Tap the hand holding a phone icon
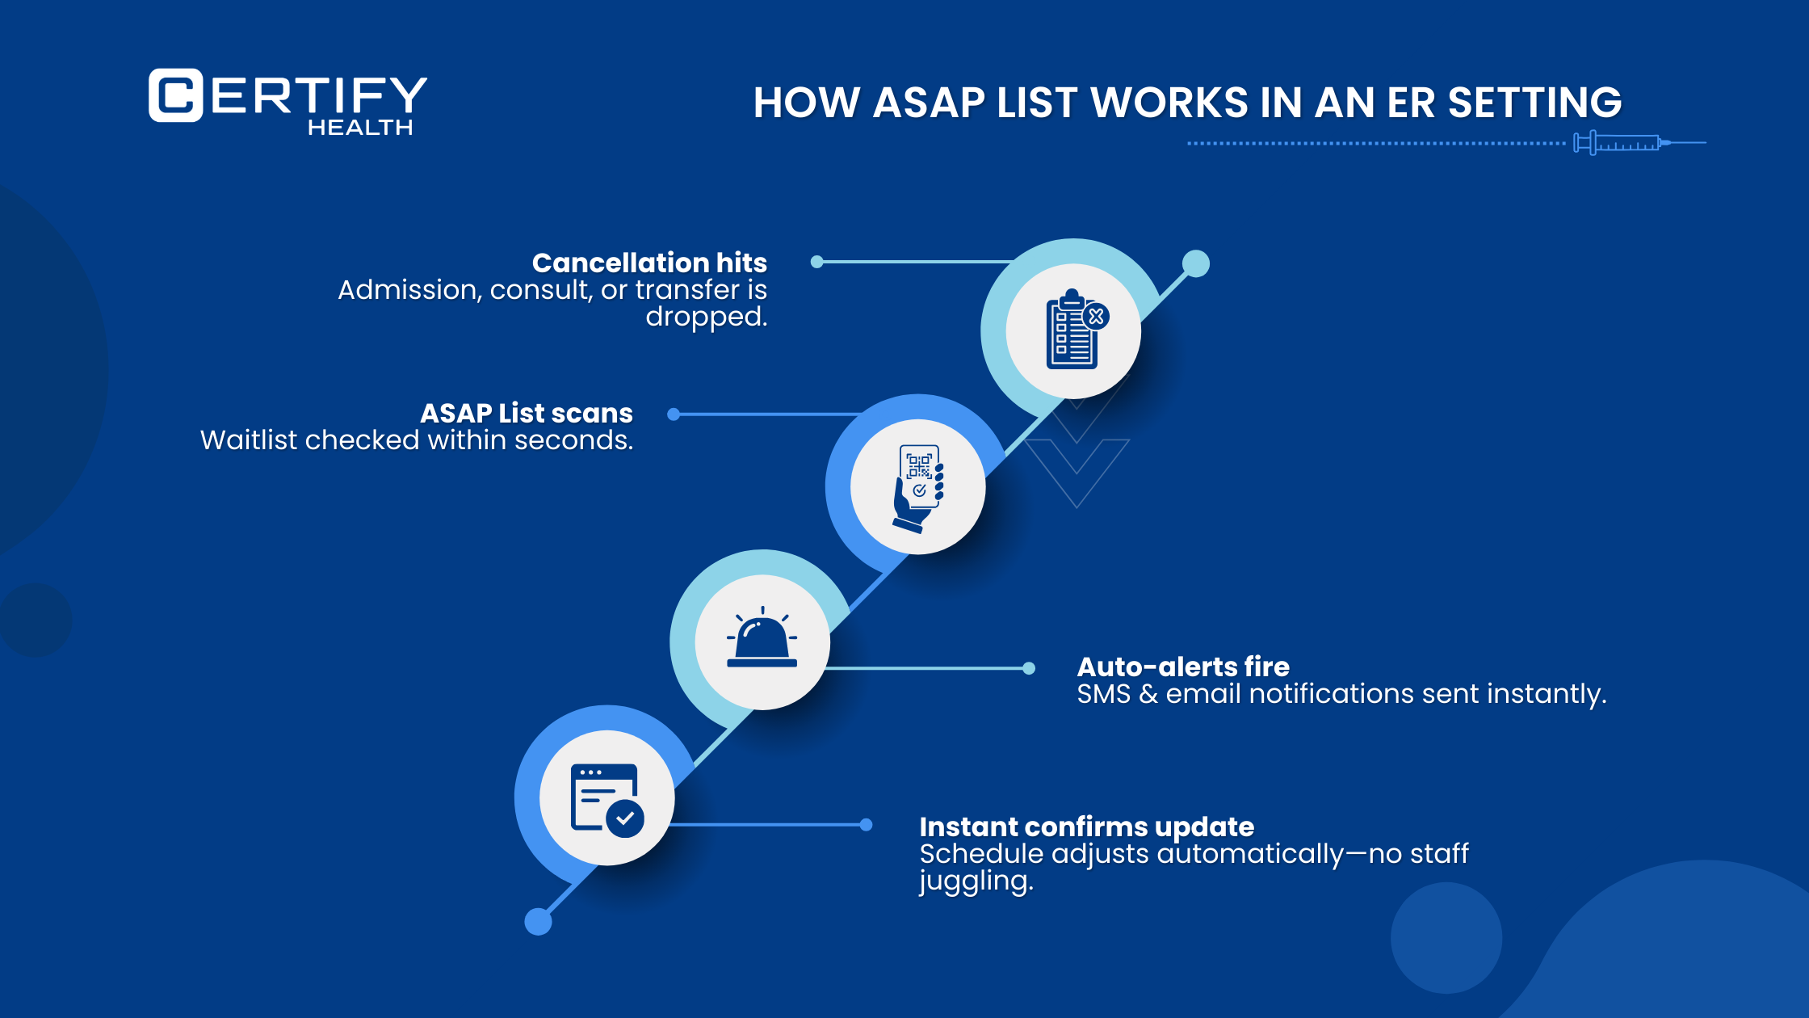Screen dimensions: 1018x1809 point(918,487)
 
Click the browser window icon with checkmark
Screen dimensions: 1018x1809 point(606,798)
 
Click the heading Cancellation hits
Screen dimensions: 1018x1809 point(649,263)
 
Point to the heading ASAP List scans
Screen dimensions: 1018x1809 point(527,413)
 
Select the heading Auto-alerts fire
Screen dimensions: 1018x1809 point(1183,667)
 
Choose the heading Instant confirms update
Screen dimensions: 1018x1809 point(1086,827)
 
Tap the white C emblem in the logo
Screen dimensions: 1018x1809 point(175,95)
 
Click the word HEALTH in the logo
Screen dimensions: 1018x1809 point(360,128)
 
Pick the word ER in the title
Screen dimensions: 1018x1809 point(1411,103)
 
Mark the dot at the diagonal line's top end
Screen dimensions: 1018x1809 point(1196,263)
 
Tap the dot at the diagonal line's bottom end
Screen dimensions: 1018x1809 point(538,921)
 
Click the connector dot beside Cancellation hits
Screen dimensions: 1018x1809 point(817,262)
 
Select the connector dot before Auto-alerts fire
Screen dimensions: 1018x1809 point(1029,668)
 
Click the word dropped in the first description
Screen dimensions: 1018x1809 point(705,317)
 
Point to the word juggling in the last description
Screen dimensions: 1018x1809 point(976,881)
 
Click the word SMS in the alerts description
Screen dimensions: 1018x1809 point(1103,694)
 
